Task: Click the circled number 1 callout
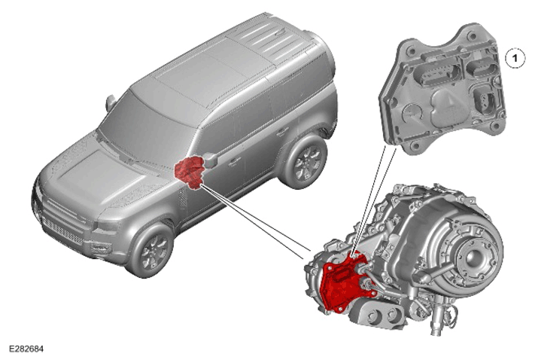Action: pyautogui.click(x=515, y=58)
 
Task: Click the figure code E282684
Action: pyautogui.click(x=26, y=349)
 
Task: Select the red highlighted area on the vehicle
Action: pyautogui.click(x=190, y=172)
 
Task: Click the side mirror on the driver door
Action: pyautogui.click(x=211, y=160)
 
